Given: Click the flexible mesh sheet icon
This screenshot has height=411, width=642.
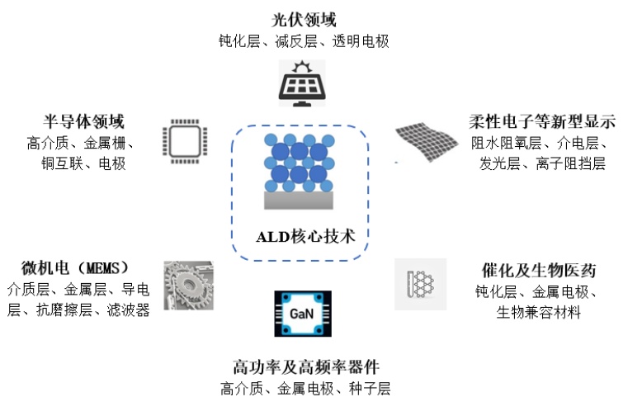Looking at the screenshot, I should pyautogui.click(x=426, y=139).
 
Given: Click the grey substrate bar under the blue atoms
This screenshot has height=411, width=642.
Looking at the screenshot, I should pyautogui.click(x=299, y=201).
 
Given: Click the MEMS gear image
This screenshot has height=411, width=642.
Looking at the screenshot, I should pyautogui.click(x=189, y=286).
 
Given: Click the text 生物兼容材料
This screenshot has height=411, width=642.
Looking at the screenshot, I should pyautogui.click(x=538, y=313).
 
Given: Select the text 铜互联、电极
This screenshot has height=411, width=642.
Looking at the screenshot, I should pyautogui.click(x=78, y=163).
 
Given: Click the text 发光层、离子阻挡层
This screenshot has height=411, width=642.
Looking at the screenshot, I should pyautogui.click(x=542, y=163).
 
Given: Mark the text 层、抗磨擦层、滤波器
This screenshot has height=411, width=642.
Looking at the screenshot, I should pyautogui.click(x=78, y=310).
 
